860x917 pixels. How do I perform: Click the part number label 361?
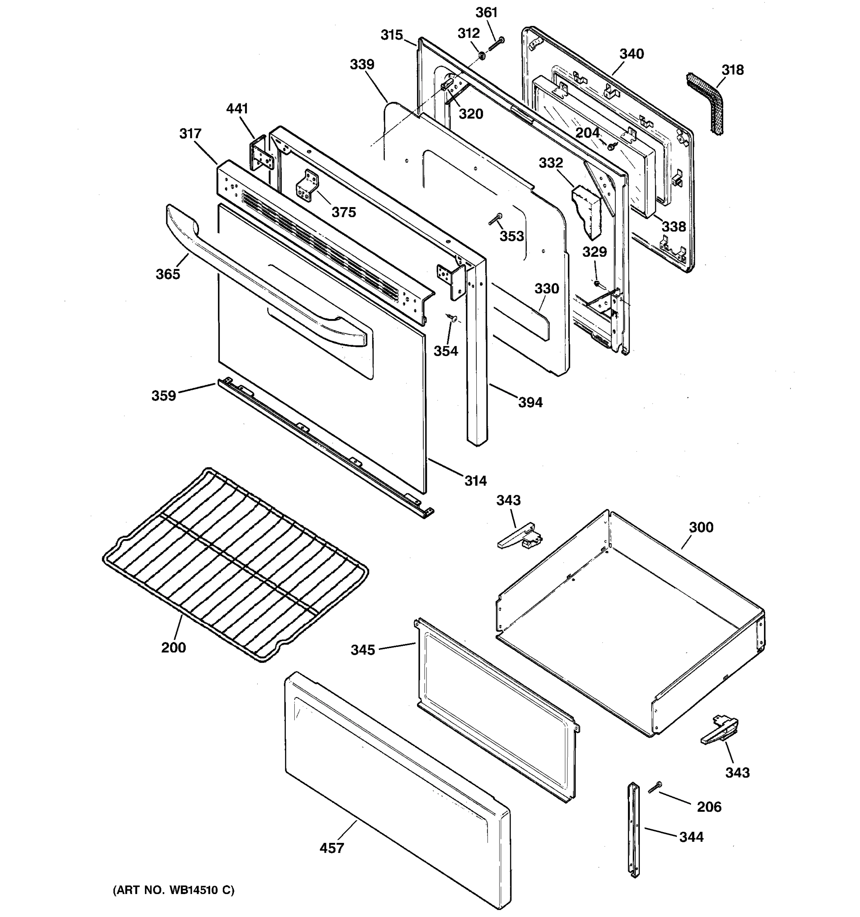tap(486, 13)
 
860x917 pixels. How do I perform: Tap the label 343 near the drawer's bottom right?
tap(737, 772)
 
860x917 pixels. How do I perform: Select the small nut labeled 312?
tap(481, 56)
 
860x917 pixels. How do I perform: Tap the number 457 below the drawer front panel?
tap(332, 848)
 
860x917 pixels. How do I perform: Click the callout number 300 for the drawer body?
tap(701, 527)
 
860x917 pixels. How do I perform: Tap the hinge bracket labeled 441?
tap(260, 155)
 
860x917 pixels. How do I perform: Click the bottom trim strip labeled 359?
tap(323, 445)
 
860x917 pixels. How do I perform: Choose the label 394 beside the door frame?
tap(530, 402)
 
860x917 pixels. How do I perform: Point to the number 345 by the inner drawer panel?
tap(363, 650)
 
